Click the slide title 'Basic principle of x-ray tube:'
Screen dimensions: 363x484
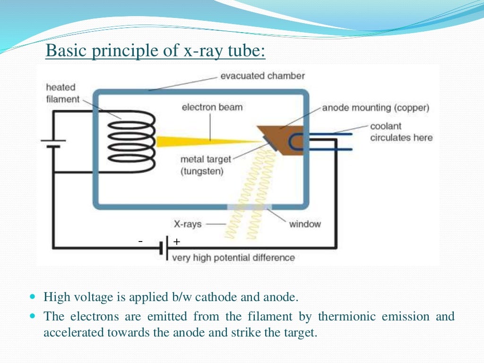pyautogui.click(x=156, y=51)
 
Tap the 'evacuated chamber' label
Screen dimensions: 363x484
pyautogui.click(x=262, y=76)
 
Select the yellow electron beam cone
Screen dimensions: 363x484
pyautogui.click(x=199, y=140)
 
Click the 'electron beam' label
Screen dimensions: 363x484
pyautogui.click(x=212, y=107)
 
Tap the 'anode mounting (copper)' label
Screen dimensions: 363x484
pyautogui.click(x=376, y=108)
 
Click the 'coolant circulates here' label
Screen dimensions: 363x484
pyautogui.click(x=401, y=132)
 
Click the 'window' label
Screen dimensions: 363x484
pyautogui.click(x=305, y=224)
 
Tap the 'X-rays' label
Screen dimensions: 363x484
pyautogui.click(x=188, y=224)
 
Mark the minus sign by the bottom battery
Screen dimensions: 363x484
pyautogui.click(x=140, y=242)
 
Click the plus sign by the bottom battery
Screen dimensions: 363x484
pyautogui.click(x=177, y=242)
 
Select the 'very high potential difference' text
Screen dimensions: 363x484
pyautogui.click(x=233, y=258)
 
